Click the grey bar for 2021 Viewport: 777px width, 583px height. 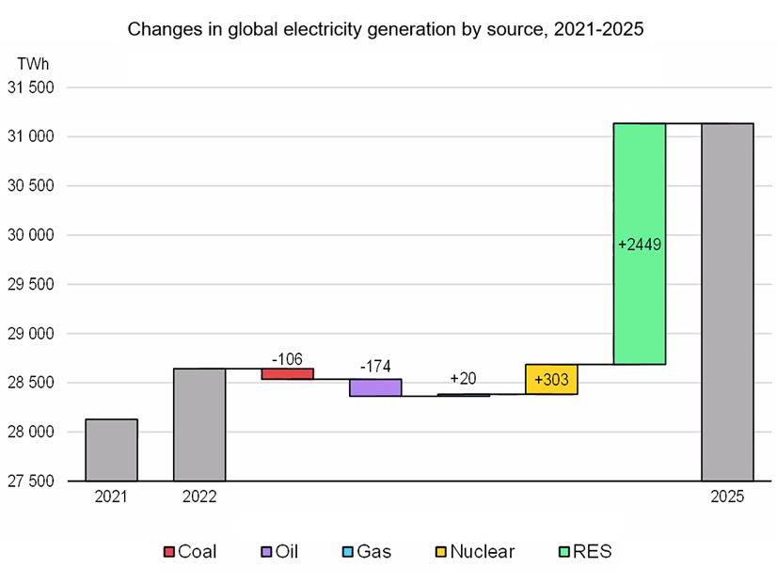point(111,449)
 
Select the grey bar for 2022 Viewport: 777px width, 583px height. point(199,424)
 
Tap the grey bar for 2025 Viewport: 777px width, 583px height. point(727,302)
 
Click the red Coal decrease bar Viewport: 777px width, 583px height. point(287,373)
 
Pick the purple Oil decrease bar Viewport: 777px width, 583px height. point(375,387)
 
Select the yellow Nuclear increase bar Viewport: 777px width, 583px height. point(551,379)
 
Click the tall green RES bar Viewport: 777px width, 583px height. point(640,244)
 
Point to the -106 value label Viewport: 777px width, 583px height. point(287,358)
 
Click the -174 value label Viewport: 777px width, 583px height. point(375,367)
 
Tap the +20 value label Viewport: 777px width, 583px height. point(463,378)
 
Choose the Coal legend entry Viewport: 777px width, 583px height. point(190,552)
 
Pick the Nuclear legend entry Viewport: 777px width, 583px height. point(472,552)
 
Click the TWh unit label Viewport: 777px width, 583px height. point(34,64)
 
